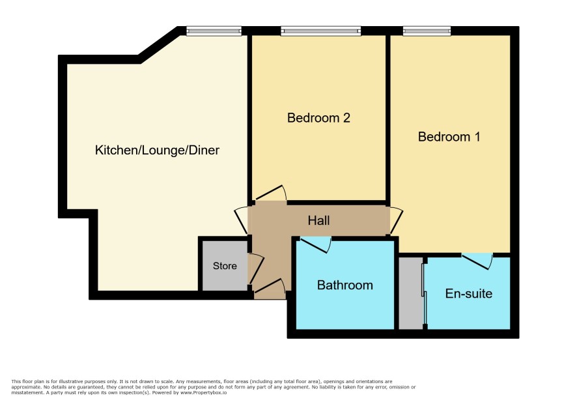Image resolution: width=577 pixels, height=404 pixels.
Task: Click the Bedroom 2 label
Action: point(318,118)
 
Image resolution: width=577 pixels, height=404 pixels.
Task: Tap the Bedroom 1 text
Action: point(449,137)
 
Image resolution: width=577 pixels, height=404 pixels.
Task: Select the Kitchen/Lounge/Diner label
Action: point(157,151)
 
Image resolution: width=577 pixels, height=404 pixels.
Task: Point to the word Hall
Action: point(318,221)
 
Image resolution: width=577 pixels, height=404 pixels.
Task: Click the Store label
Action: point(225,266)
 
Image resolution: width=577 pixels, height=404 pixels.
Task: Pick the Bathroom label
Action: point(345,285)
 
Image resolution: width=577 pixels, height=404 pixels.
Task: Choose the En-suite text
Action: point(468,293)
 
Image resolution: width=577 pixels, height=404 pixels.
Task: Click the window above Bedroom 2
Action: point(320,31)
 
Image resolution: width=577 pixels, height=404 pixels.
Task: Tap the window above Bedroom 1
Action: point(427,31)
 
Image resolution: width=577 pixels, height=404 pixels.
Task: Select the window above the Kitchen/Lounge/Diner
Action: point(214,31)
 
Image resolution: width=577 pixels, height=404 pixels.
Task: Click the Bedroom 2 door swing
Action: point(271,194)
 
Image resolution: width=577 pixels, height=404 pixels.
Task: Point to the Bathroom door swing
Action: point(316,245)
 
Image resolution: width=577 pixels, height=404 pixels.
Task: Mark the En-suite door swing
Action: point(477,261)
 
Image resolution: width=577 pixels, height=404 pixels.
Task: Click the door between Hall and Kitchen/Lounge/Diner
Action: point(241,220)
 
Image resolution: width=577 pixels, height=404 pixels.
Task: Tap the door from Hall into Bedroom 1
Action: point(397,221)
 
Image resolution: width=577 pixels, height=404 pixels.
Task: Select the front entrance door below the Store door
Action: point(270,287)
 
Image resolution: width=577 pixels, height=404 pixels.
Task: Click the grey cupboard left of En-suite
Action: point(410,293)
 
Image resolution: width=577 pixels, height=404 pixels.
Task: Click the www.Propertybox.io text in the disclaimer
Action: point(203,392)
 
